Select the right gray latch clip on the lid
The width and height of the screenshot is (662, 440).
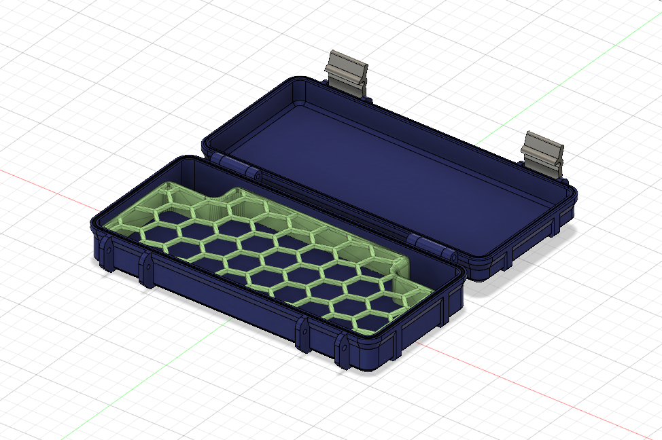543,153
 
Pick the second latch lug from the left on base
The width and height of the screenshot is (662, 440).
146,269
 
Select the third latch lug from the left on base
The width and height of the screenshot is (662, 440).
303,333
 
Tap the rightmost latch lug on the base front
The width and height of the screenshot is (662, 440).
344,350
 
